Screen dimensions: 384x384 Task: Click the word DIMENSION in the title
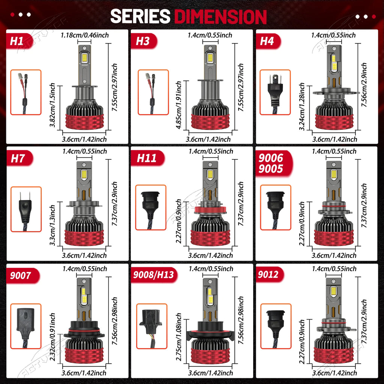pos(220,16)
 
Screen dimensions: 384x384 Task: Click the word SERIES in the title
pos(140,16)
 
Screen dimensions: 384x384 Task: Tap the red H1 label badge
pos(19,41)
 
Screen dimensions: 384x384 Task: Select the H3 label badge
pos(144,41)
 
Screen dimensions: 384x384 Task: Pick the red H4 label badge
pos(268,41)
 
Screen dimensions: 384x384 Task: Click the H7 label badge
pos(19,158)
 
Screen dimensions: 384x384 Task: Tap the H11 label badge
pos(147,158)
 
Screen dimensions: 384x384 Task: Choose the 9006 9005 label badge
pos(274,163)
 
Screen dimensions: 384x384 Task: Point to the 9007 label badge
pos(22,276)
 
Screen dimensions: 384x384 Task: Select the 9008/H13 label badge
pos(154,275)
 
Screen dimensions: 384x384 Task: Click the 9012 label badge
pos(270,274)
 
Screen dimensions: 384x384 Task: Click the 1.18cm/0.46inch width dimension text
pos(85,35)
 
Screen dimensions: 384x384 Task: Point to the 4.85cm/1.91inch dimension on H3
pos(179,105)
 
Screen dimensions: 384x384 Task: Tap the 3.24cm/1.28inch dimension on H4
pos(302,106)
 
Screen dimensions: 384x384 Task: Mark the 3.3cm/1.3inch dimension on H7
pos(52,225)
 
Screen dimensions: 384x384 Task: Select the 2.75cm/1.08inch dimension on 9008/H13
pos(179,337)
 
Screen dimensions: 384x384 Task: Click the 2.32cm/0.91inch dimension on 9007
pos(52,337)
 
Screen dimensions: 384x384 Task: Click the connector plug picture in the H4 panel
pos(275,92)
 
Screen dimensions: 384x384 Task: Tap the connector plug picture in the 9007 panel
pos(26,326)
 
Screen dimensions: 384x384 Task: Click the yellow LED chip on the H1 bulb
pos(84,57)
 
